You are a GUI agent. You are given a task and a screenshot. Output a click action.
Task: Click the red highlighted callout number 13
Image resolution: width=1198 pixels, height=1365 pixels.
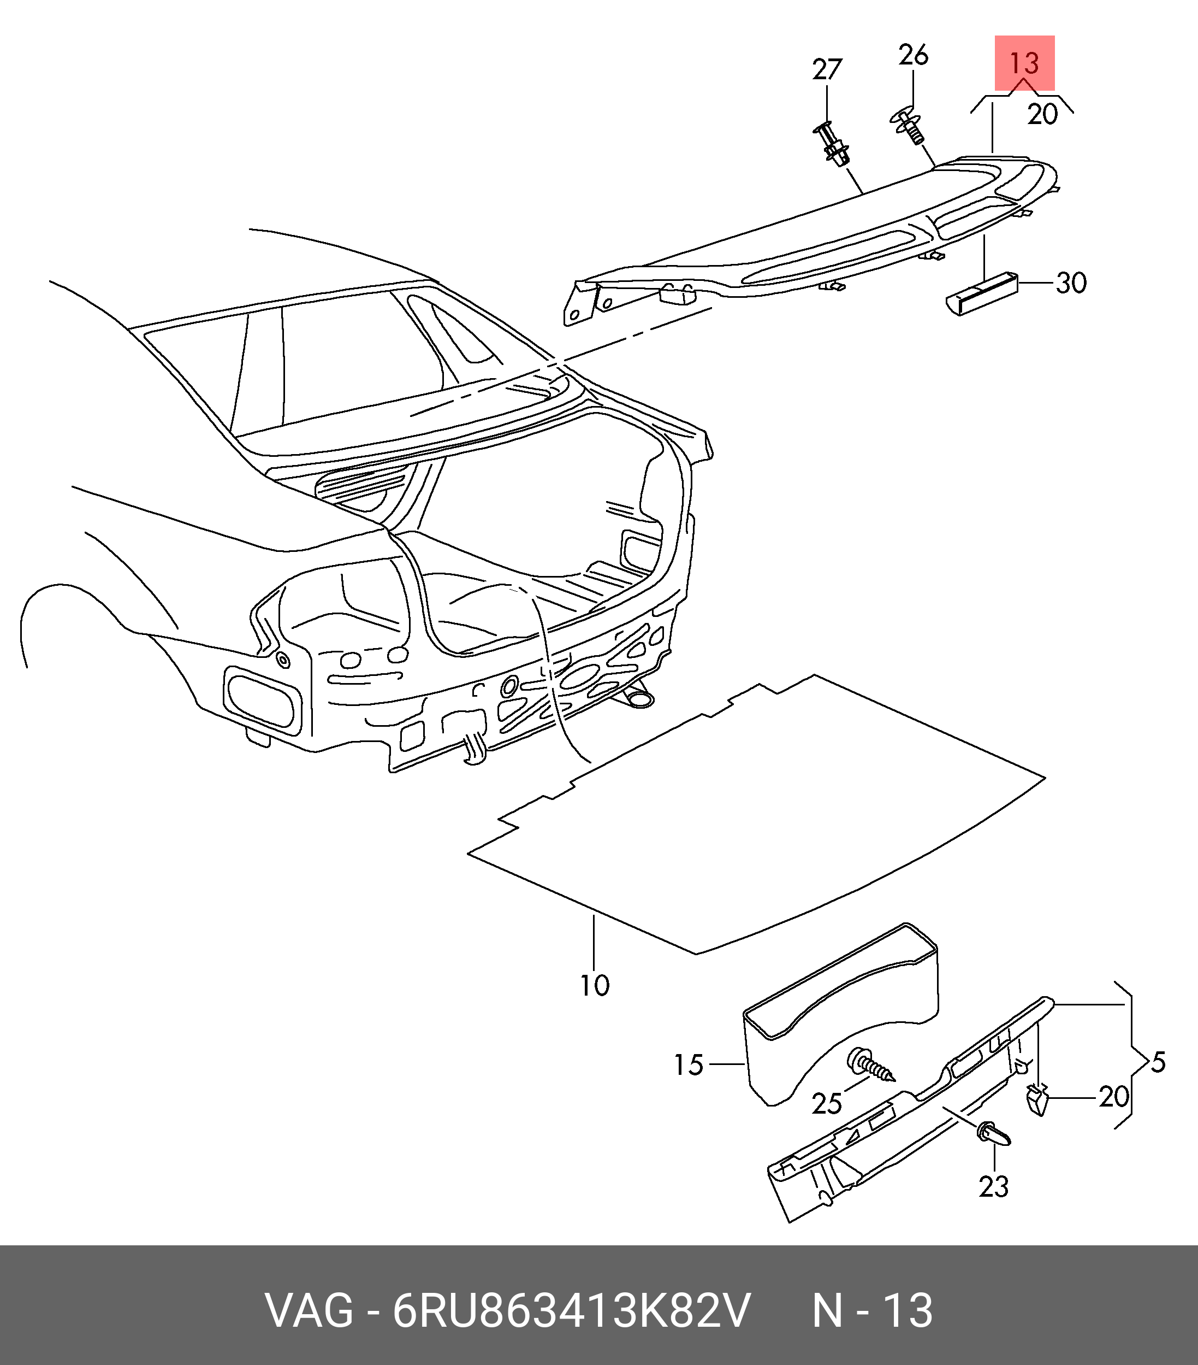click(x=1024, y=63)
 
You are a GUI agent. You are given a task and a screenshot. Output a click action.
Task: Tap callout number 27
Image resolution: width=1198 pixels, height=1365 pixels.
click(x=827, y=69)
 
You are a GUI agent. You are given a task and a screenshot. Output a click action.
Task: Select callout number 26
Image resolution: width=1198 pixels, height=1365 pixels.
click(x=913, y=55)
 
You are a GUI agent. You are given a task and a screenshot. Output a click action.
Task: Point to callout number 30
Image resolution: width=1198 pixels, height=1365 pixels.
click(x=1071, y=283)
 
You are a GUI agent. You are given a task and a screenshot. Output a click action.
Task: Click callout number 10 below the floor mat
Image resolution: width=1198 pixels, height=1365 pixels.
click(x=595, y=986)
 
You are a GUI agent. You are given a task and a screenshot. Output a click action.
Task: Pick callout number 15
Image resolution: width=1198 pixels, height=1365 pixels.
click(x=689, y=1065)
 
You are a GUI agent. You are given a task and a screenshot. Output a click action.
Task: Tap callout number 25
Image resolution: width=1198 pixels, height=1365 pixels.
click(x=827, y=1104)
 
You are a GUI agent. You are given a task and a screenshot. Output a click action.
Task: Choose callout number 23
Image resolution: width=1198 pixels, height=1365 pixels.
click(x=994, y=1187)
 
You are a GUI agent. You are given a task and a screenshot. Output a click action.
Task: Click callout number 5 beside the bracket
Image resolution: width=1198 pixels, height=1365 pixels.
click(x=1158, y=1062)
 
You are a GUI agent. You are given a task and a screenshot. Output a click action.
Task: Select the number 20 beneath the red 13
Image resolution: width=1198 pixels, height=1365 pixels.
click(x=1042, y=115)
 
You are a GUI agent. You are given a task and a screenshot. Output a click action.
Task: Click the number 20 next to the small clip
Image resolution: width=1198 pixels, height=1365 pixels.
click(x=1114, y=1097)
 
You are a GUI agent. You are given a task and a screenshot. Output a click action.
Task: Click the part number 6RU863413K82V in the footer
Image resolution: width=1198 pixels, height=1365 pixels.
click(x=572, y=1311)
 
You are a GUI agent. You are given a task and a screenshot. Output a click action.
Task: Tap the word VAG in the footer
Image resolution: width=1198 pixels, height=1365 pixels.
click(x=309, y=1311)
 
